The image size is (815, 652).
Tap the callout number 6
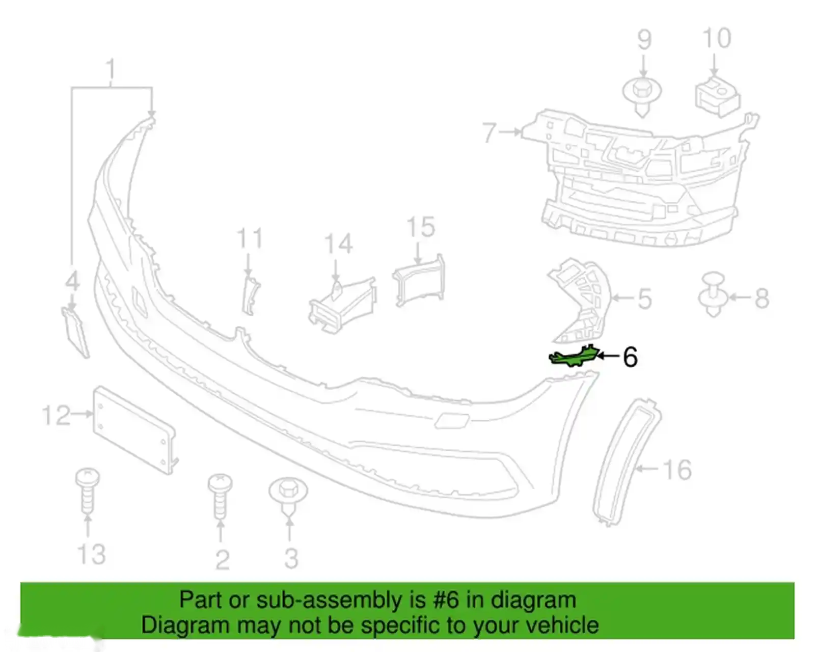pos(630,357)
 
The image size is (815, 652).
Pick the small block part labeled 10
pos(717,97)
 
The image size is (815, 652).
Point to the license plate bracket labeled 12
pos(135,429)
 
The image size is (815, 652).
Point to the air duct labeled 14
pos(343,305)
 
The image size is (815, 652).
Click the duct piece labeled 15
pos(419,280)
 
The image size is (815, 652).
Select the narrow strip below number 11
pos(250,295)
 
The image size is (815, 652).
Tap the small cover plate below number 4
pos(75,332)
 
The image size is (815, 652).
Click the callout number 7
pos(490,132)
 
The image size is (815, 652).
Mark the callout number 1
pos(111,68)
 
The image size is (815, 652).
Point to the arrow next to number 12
pos(82,414)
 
